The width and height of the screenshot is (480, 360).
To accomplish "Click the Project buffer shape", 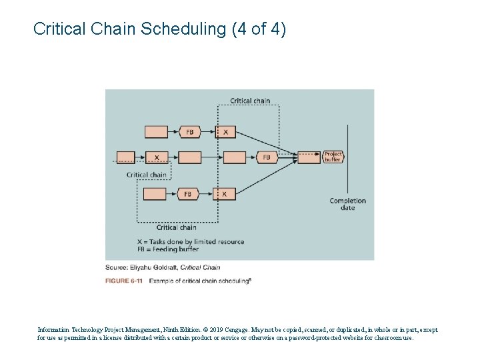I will [x=333, y=157].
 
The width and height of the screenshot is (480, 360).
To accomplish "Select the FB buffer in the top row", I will [x=190, y=132].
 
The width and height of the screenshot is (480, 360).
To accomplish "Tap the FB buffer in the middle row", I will [x=267, y=157].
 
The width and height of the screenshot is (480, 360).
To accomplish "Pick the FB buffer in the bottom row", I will [x=189, y=194].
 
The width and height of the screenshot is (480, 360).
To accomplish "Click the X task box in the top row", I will [x=225, y=132].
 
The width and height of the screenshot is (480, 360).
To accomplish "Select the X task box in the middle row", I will [x=157, y=157].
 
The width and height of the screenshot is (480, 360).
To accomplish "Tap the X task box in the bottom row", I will [x=224, y=194].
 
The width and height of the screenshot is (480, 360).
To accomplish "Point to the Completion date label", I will [x=347, y=204].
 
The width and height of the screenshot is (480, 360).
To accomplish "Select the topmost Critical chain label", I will [x=250, y=101].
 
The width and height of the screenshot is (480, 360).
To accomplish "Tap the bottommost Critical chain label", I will [x=176, y=227].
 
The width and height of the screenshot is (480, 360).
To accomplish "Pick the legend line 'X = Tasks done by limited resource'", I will [x=190, y=241].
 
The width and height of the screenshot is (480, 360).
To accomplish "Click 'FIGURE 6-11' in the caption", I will [x=124, y=281].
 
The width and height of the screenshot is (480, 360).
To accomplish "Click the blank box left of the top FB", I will [x=156, y=132].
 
